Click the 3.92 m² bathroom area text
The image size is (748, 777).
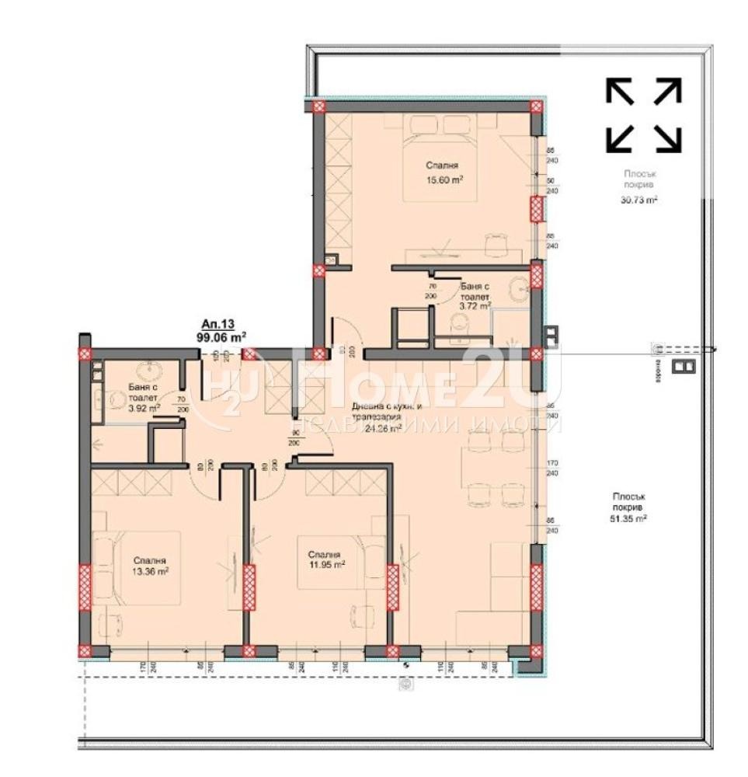tap(144, 406)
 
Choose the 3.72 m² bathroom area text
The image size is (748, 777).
tap(475, 306)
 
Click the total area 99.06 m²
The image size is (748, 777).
tap(221, 337)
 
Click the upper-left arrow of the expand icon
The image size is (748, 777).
tap(620, 91)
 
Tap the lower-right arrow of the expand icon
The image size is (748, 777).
tap(668, 138)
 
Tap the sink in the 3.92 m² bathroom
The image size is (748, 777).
tap(145, 371)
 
